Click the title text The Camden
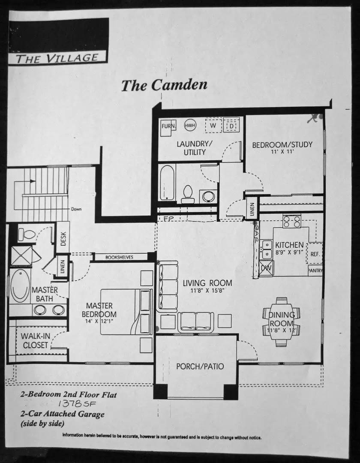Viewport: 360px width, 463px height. (x=164, y=85)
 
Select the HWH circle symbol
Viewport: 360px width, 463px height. (x=189, y=126)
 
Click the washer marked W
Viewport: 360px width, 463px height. (x=213, y=126)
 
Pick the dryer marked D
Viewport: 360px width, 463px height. (x=232, y=126)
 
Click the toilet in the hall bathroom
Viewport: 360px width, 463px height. (x=188, y=194)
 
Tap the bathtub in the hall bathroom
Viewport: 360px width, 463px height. (x=167, y=183)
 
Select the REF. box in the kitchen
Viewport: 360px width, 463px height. (x=315, y=254)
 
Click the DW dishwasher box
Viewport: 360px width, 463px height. (x=266, y=268)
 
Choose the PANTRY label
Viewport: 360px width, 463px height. (x=315, y=271)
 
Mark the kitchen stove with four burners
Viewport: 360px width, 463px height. (x=291, y=221)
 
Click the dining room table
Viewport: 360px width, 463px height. (x=281, y=322)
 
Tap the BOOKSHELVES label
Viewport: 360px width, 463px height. (x=120, y=257)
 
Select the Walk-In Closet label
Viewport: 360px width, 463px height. (x=34, y=340)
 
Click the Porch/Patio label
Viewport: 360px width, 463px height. (x=200, y=366)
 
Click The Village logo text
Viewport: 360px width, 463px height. (x=57, y=58)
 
